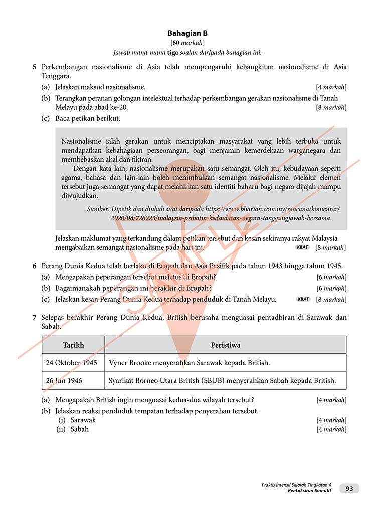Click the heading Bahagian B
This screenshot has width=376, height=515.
point(187,34)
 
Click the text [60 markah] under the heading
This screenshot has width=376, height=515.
point(187,43)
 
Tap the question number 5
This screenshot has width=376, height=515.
point(34,67)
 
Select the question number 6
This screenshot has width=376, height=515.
point(34,266)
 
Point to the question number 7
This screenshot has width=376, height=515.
point(34,318)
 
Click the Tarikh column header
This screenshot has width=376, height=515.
point(73,345)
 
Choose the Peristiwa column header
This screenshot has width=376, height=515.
point(225,345)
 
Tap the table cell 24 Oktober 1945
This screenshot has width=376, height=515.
point(72,363)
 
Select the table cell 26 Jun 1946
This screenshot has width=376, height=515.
point(65,381)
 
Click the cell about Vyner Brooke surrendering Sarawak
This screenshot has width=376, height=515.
point(190,363)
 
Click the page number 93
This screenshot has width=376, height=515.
point(349,489)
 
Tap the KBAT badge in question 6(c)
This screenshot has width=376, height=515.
point(303,299)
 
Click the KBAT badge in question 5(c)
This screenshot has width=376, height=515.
point(302,247)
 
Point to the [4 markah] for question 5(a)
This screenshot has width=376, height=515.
point(331,87)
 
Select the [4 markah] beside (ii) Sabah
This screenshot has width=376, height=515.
point(331,429)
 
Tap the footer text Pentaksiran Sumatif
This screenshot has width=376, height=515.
point(310,491)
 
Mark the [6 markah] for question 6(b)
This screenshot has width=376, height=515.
point(331,288)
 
